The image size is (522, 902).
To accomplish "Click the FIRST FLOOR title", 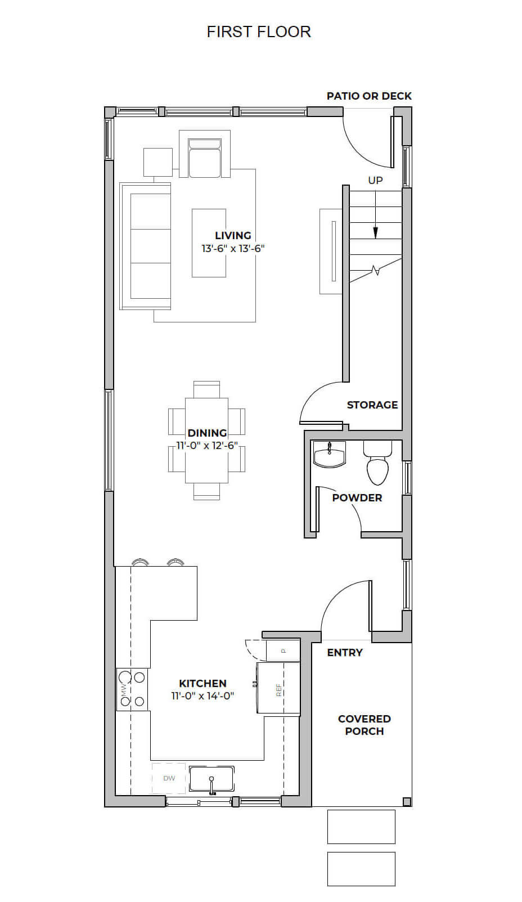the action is (x=259, y=32).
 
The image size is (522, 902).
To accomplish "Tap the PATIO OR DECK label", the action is (x=369, y=96).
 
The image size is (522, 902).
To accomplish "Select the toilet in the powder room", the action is (x=377, y=463).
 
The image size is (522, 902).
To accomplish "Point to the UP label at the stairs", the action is (x=375, y=181).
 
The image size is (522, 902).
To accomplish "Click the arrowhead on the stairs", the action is (x=376, y=233).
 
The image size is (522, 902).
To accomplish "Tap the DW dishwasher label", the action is (x=169, y=778).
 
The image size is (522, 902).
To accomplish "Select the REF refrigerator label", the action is (x=278, y=690).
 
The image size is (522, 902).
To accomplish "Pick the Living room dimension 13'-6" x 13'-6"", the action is (x=233, y=249).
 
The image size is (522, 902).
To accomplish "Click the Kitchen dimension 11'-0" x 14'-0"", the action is (x=203, y=695).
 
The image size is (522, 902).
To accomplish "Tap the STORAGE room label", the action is (x=372, y=405).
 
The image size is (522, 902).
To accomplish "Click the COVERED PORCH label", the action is (x=364, y=725).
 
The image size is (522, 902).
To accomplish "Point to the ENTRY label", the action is (x=345, y=653).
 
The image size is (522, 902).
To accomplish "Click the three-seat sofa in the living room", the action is (x=145, y=246).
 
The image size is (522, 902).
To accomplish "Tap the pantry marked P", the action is (x=283, y=650).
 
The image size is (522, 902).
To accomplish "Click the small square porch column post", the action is (x=407, y=801).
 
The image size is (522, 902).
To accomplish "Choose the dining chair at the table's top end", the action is (x=207, y=389).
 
